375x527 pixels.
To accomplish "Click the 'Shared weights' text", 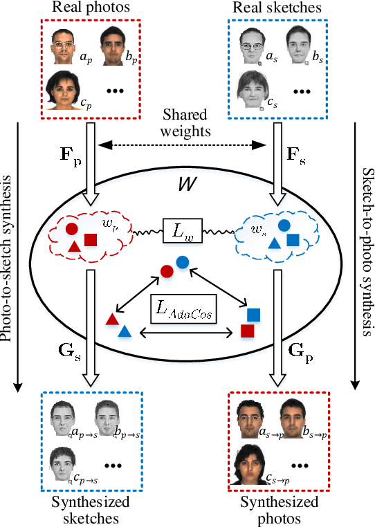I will [186, 123].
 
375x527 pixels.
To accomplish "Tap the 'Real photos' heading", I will [93, 8].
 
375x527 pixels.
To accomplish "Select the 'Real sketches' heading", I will [277, 8].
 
